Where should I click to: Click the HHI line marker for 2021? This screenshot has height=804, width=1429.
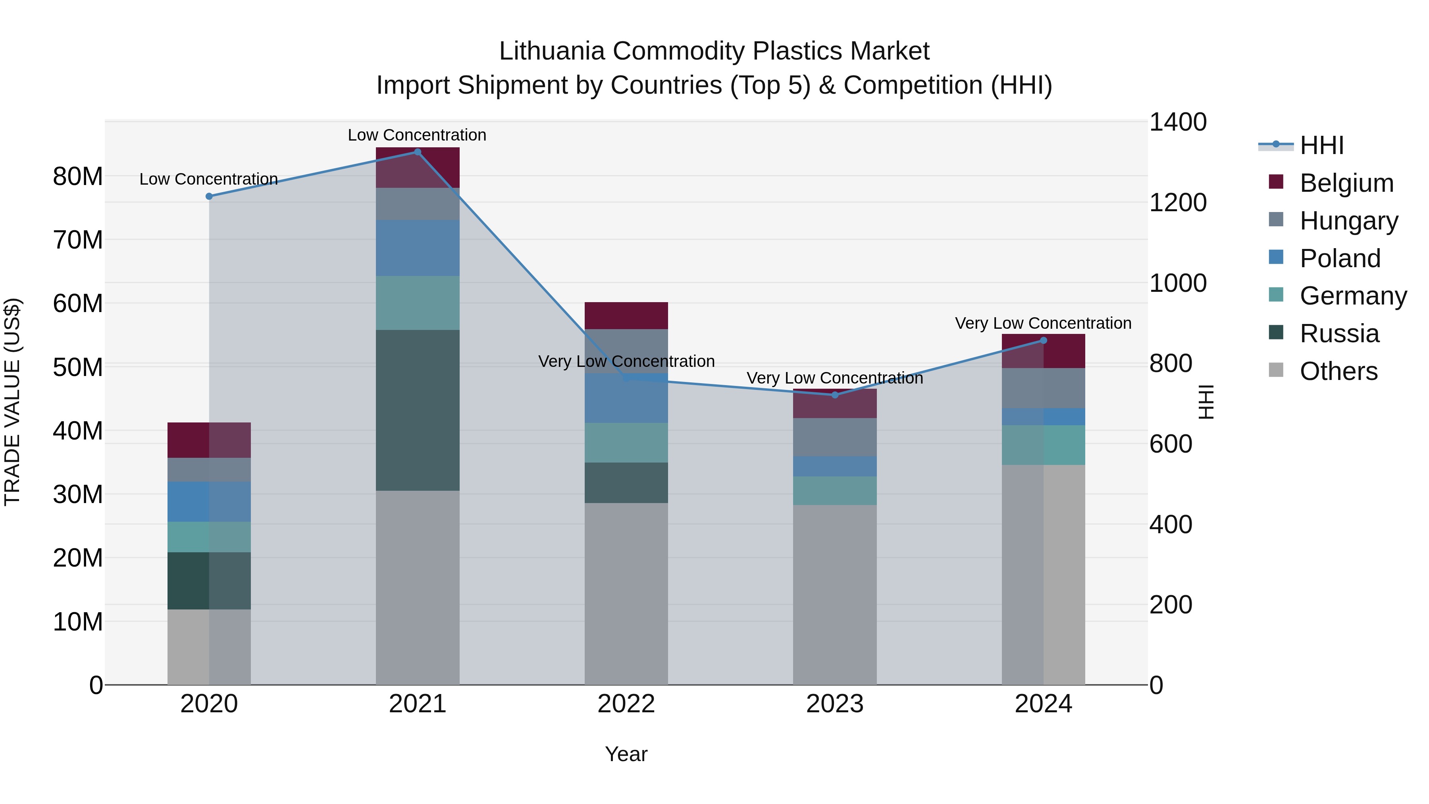click(x=418, y=152)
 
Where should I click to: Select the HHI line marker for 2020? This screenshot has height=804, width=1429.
click(x=209, y=197)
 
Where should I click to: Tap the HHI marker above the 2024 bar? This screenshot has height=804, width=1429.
click(x=1044, y=341)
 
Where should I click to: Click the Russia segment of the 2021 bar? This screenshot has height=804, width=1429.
click(x=418, y=410)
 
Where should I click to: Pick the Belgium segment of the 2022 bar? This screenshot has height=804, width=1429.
click(x=626, y=316)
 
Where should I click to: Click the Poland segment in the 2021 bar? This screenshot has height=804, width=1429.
click(x=418, y=248)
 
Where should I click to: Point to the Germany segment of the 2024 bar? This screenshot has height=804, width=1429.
click(x=1044, y=445)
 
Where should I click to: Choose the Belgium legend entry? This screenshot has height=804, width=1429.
click(x=1346, y=183)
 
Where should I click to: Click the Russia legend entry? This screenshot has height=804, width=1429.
click(x=1339, y=334)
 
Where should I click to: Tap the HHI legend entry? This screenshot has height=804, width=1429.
click(x=1321, y=145)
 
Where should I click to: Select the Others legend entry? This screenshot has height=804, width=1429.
click(x=1338, y=371)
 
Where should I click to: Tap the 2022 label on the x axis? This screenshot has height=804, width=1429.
click(x=626, y=704)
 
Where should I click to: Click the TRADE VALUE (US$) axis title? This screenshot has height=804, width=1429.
click(x=12, y=402)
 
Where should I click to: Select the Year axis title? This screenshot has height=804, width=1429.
click(x=626, y=754)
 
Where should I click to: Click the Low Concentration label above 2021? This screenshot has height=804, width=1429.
click(x=417, y=135)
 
